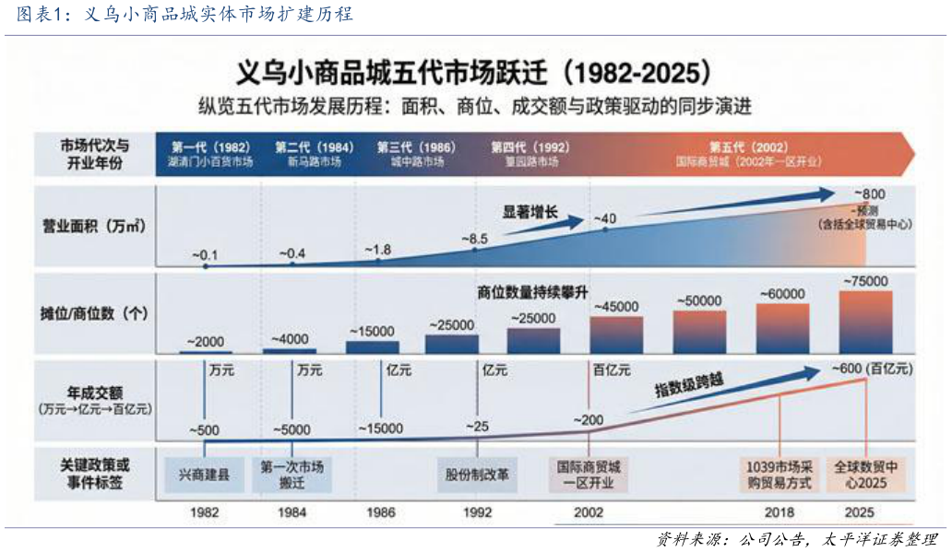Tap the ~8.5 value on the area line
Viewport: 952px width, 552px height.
(473, 240)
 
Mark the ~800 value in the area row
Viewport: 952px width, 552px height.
(868, 194)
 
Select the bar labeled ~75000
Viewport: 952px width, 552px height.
(865, 323)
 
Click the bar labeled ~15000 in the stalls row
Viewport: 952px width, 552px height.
(373, 347)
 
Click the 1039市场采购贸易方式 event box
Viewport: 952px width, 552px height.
(779, 475)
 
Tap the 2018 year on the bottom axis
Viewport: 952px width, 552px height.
(779, 512)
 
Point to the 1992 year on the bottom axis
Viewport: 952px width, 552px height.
(476, 512)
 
